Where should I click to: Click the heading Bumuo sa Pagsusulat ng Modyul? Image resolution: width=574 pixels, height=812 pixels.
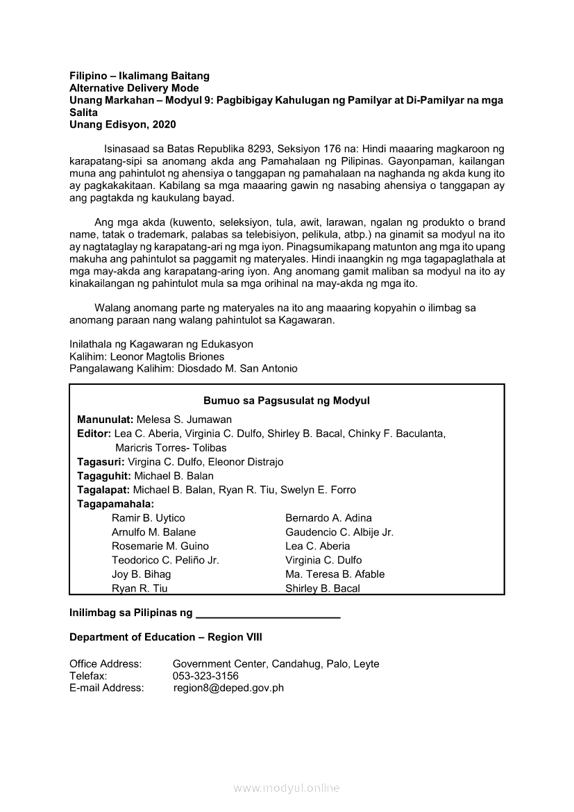point(287,401)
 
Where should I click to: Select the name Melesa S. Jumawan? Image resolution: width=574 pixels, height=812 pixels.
point(184,420)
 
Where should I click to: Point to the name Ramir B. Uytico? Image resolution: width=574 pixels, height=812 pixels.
point(149,518)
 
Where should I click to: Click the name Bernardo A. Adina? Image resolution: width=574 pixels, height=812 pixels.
point(328,518)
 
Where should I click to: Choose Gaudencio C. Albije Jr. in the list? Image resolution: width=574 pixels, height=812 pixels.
point(339,532)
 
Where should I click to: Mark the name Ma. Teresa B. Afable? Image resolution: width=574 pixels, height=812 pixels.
point(335,574)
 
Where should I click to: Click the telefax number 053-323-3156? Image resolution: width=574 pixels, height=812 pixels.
point(205,676)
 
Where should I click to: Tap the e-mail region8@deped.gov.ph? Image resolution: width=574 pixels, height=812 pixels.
point(228,688)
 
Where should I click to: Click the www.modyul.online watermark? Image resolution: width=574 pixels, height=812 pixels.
point(287,788)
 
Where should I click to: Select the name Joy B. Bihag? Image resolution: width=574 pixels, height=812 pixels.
point(141,574)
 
